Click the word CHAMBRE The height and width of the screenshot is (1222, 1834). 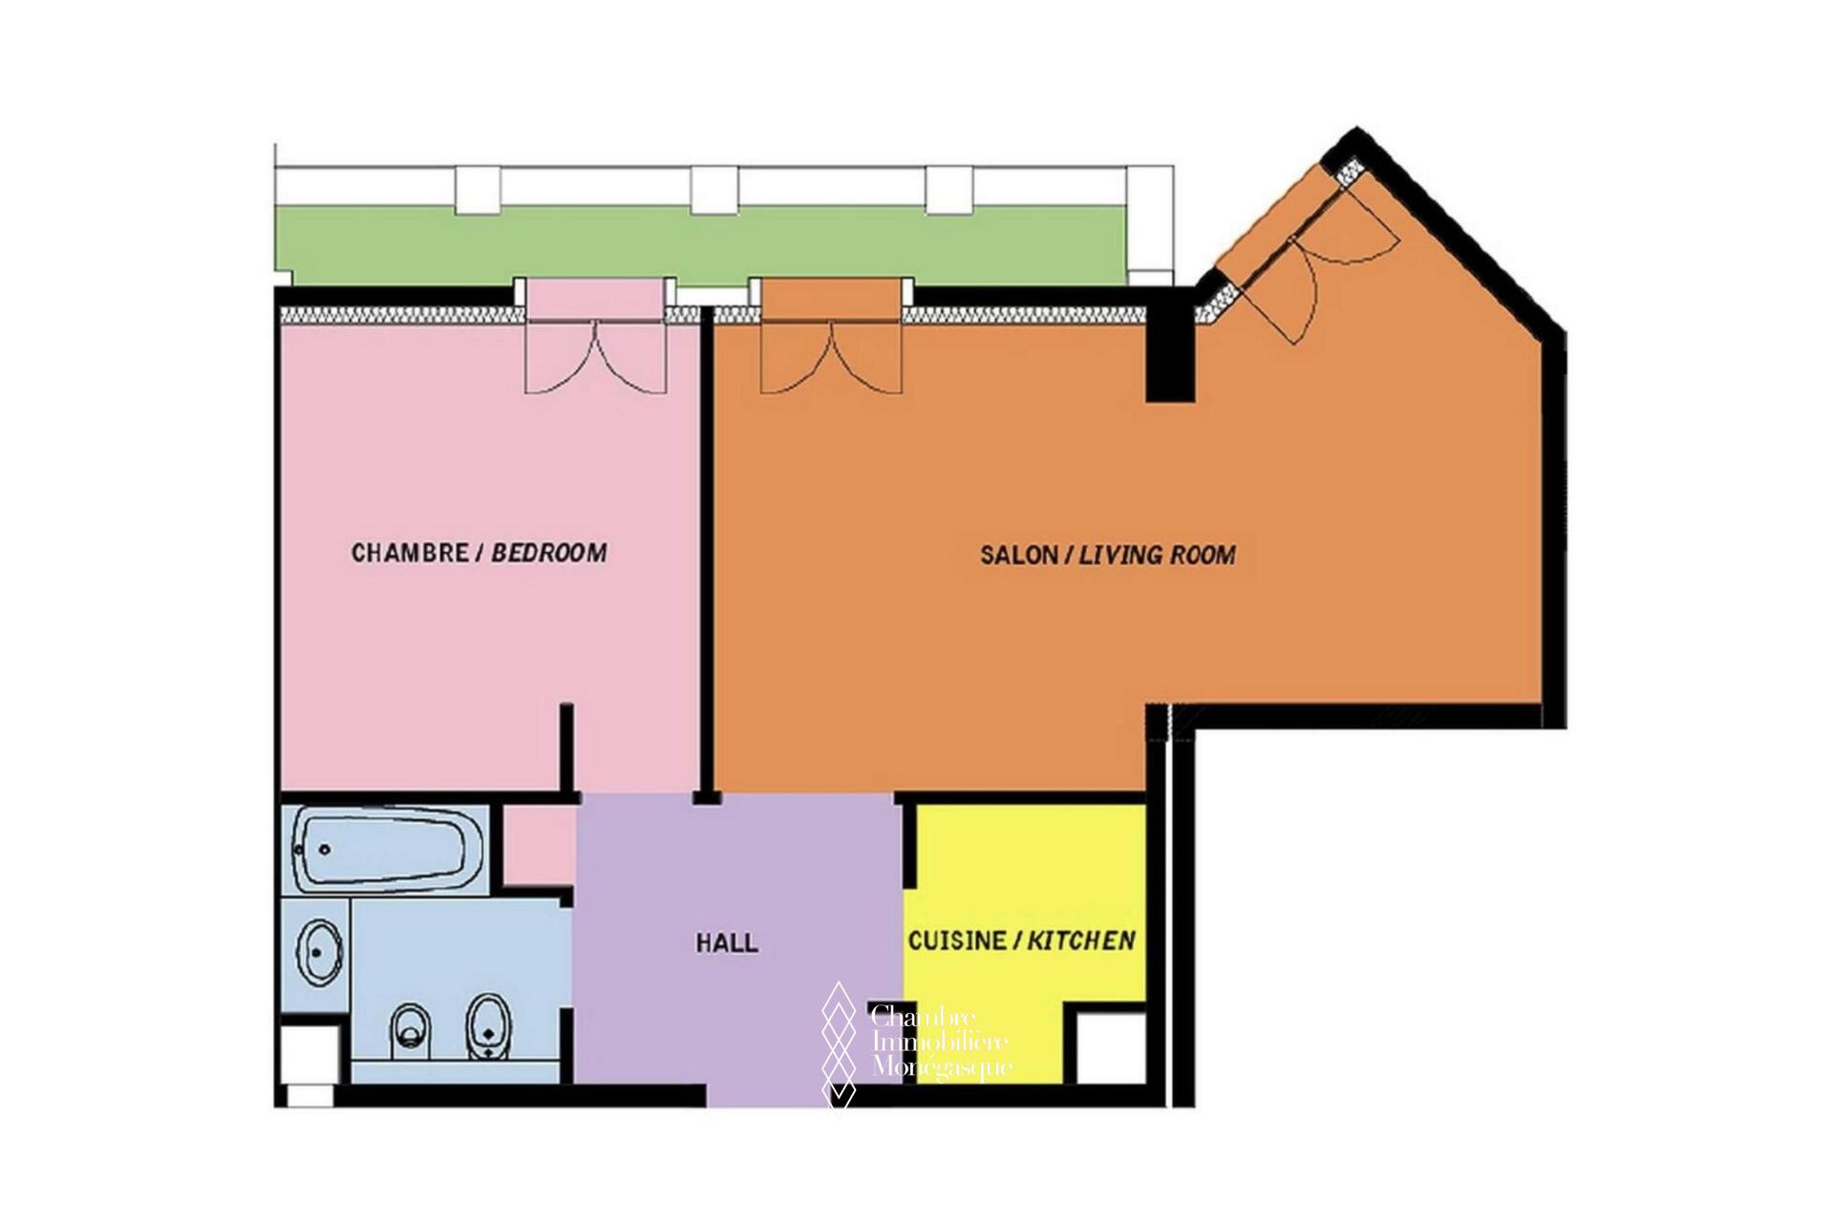(x=409, y=553)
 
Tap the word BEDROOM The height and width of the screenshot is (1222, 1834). (x=549, y=553)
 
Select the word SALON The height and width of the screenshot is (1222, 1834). (x=1018, y=555)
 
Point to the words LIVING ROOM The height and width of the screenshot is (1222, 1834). (x=1158, y=555)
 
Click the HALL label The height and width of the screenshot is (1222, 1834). (x=727, y=943)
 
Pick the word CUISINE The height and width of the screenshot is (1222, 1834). (x=957, y=941)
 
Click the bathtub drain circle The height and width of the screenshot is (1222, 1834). (x=324, y=849)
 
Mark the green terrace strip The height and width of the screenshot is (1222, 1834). (x=702, y=246)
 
